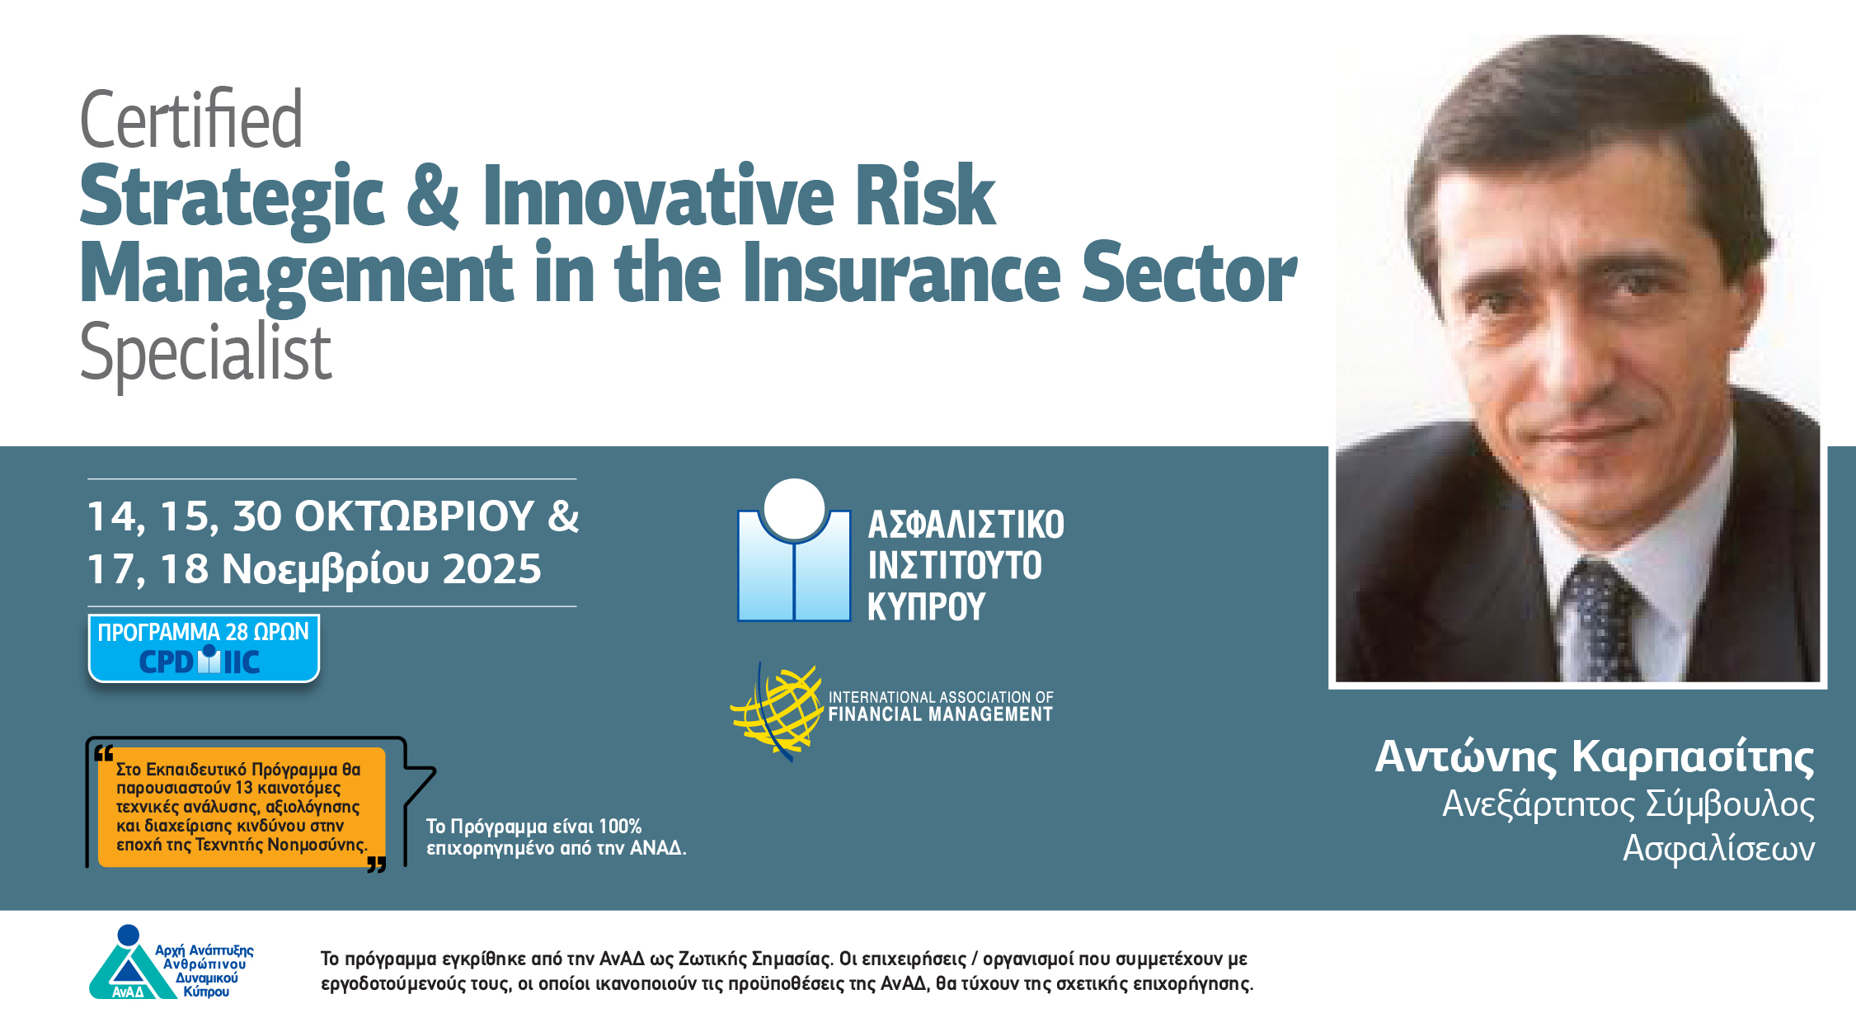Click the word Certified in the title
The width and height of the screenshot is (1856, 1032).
click(191, 120)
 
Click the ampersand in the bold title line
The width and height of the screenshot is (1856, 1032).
click(433, 196)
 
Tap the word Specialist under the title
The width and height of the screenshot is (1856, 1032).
click(205, 353)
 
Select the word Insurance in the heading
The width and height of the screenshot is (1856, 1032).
click(901, 272)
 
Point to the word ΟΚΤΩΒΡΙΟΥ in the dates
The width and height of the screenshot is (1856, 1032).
click(415, 516)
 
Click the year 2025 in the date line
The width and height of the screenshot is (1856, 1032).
click(491, 569)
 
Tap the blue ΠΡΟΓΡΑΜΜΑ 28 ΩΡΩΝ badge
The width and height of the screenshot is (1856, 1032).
click(204, 648)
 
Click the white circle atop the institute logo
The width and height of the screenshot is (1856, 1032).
click(794, 507)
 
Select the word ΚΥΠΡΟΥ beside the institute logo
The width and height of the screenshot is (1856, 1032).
click(926, 607)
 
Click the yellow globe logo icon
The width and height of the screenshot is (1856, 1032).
click(777, 710)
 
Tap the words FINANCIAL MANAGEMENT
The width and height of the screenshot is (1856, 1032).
click(941, 714)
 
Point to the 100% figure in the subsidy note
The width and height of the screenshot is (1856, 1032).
click(620, 827)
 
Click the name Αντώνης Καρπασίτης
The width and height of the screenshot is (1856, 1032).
click(1595, 757)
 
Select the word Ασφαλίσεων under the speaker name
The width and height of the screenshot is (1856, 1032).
click(1718, 848)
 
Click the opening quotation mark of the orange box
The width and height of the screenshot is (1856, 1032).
click(103, 752)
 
